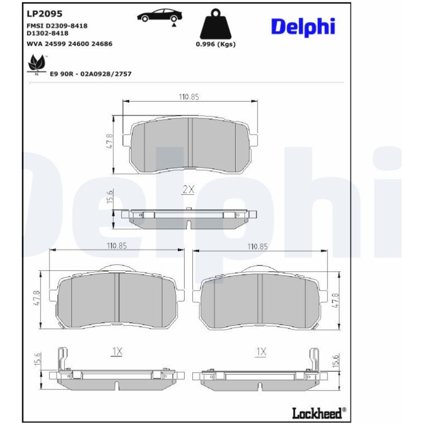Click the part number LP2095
click(44, 14)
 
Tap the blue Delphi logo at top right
click(303, 27)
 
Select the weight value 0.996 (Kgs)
click(215, 44)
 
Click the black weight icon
click(215, 24)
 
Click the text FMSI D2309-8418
click(57, 26)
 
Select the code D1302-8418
click(47, 34)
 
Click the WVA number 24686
click(102, 44)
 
